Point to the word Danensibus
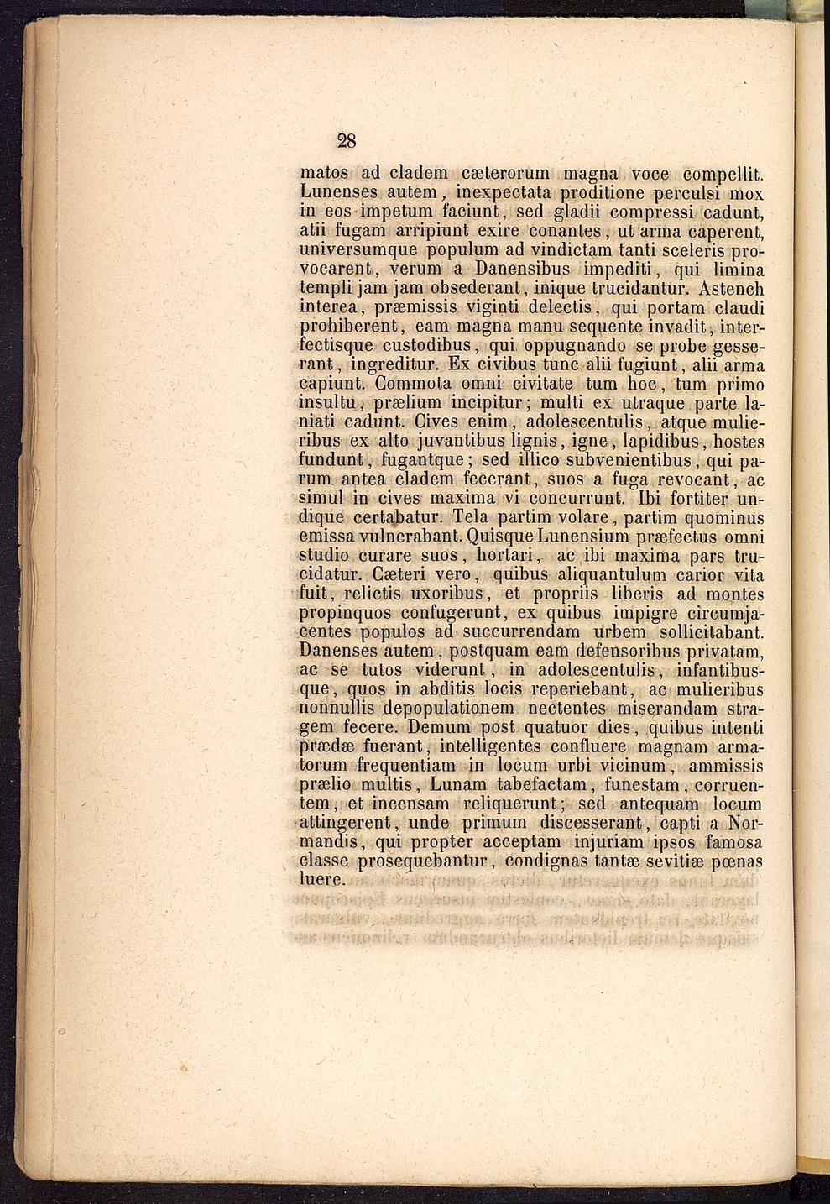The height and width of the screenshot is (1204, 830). pyautogui.click(x=523, y=270)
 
